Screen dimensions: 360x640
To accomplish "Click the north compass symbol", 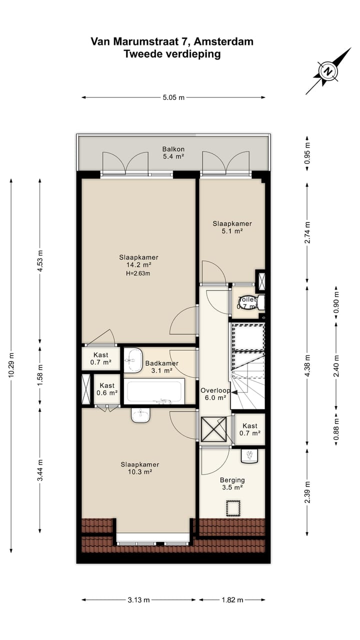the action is (x=328, y=71).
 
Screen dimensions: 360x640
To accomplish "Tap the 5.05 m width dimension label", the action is (x=173, y=97).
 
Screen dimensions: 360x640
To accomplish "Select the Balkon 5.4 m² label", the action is (x=173, y=152).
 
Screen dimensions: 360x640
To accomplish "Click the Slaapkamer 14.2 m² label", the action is (x=138, y=261).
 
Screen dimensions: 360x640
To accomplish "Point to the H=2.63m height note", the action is (x=138, y=273).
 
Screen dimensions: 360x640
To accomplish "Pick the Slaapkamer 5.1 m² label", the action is (x=232, y=227).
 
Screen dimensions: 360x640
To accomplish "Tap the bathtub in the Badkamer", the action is (x=154, y=391).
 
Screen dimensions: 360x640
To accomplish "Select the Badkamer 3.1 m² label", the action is (x=161, y=367).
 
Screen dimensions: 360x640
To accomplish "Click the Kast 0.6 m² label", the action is (x=107, y=389).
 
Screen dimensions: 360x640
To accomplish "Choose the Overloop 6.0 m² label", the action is (x=215, y=394).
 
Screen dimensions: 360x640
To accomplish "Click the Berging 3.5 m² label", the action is (x=232, y=483).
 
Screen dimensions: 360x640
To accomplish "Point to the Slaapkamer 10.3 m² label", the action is (x=139, y=468).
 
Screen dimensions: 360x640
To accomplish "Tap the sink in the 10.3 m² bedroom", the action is (x=140, y=415).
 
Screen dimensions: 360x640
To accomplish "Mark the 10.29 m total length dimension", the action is (x=11, y=365).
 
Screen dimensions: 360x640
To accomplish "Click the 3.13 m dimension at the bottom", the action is (x=138, y=599).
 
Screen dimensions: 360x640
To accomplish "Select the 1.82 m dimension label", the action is (x=232, y=599).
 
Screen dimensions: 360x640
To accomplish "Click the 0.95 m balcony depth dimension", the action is (x=307, y=153).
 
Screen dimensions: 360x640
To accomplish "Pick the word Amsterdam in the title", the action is (x=223, y=41).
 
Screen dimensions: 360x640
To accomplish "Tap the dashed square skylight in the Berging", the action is (x=233, y=508).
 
